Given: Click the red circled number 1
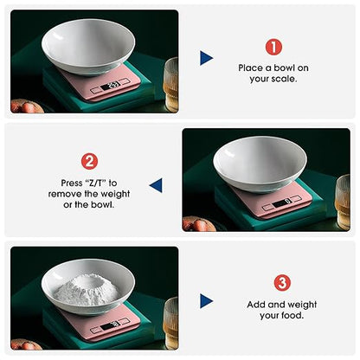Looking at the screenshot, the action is [x=273, y=47].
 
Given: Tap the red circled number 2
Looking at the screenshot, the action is [x=89, y=161].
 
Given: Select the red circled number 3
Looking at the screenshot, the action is [x=282, y=283].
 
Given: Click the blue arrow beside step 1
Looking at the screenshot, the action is [x=206, y=58].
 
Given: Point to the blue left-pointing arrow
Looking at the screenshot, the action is [x=156, y=185].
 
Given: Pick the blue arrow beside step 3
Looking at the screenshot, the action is [x=206, y=301].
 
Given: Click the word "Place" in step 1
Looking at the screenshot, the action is [x=250, y=68].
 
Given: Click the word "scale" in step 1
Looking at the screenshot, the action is [x=284, y=79].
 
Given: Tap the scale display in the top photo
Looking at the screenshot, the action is [x=111, y=86].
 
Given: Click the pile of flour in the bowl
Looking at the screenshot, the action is [x=87, y=290].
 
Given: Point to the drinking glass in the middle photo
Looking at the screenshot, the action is [x=343, y=202].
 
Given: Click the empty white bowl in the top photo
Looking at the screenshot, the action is [x=88, y=46].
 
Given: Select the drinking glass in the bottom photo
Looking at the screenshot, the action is [x=170, y=323].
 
